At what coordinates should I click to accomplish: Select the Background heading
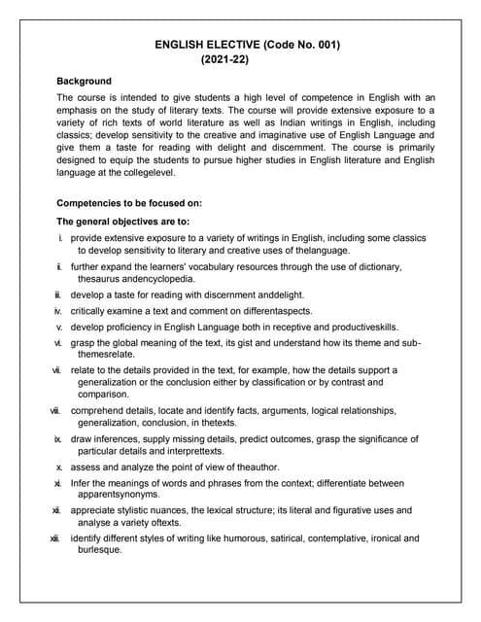[85, 81]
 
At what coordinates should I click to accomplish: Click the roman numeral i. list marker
[61, 238]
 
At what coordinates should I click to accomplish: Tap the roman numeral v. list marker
[59, 327]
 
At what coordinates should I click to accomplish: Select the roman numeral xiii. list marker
[57, 537]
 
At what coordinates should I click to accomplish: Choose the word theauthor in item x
[255, 467]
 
